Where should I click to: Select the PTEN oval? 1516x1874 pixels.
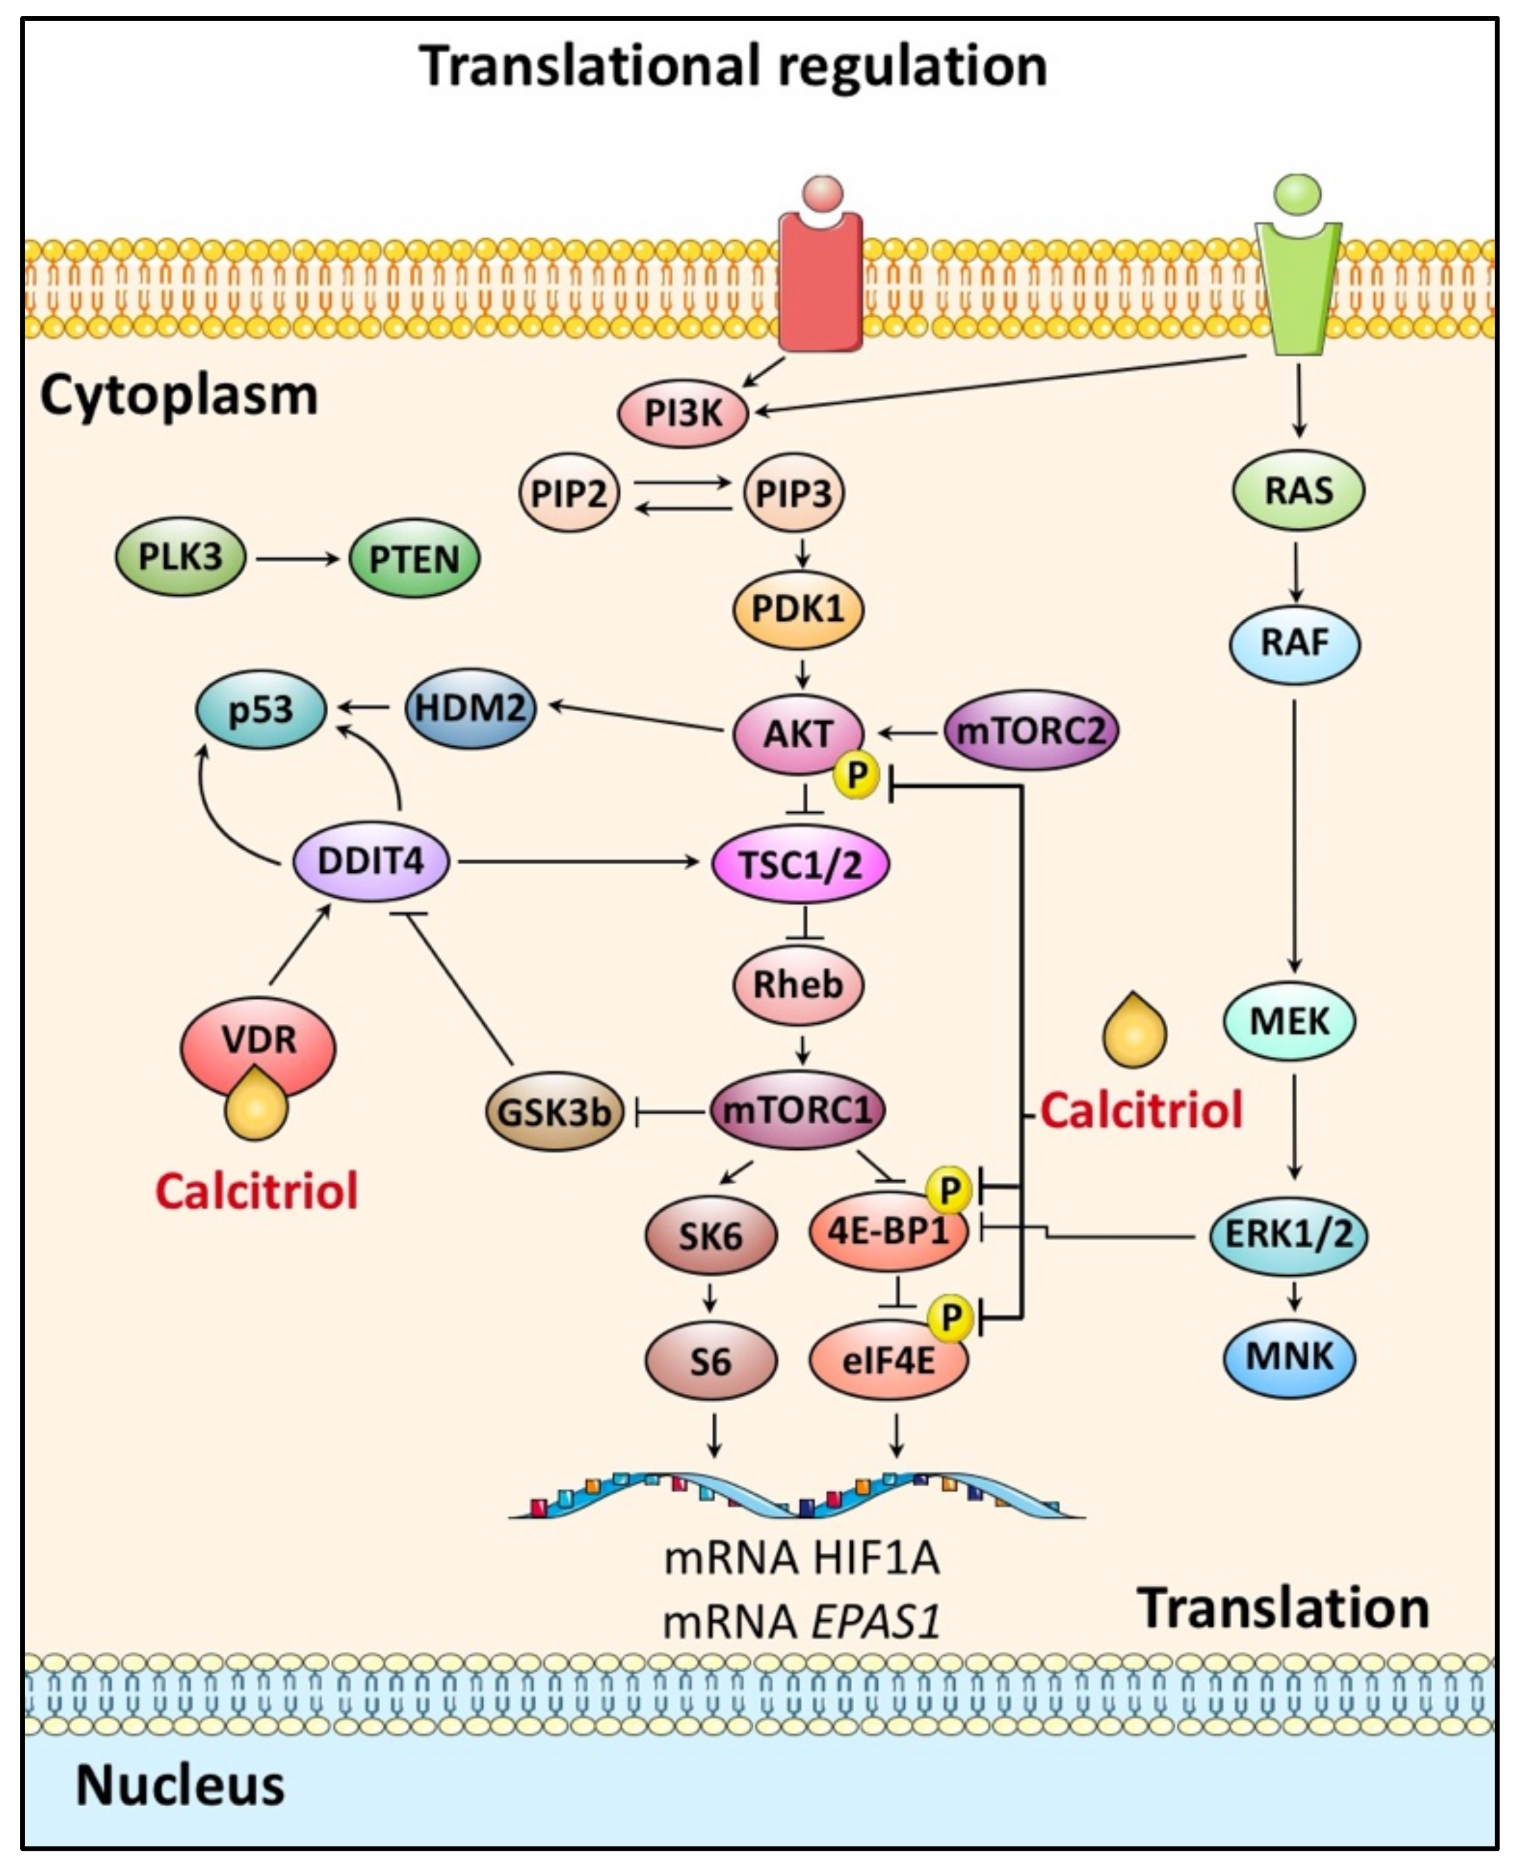point(414,559)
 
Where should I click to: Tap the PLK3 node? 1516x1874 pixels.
point(181,557)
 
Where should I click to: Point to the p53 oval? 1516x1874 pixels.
point(261,709)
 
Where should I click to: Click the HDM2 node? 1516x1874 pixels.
point(471,707)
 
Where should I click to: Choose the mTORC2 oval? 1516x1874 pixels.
point(1031,730)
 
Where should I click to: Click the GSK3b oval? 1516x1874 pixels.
point(554,1112)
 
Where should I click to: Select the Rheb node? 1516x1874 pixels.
point(797,985)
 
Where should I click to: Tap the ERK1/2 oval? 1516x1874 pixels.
point(1288,1234)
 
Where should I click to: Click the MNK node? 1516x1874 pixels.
point(1290,1357)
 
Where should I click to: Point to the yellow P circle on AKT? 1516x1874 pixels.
point(856,775)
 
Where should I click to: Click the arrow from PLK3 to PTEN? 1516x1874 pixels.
point(297,559)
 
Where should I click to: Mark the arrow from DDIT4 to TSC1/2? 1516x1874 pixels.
point(578,862)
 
